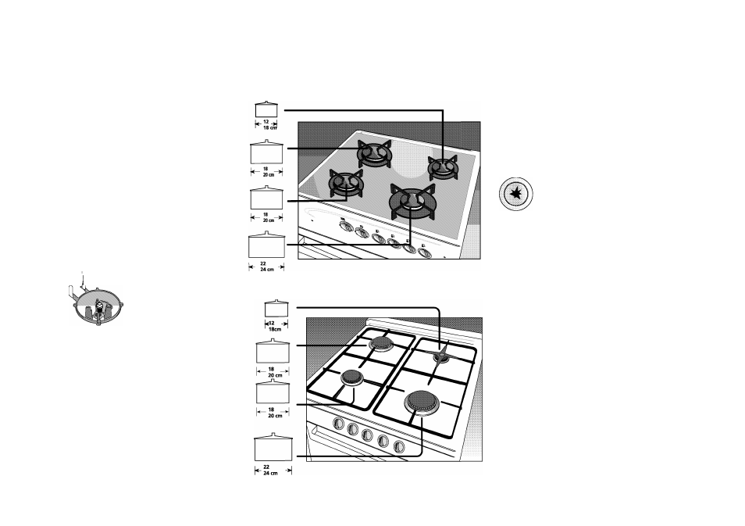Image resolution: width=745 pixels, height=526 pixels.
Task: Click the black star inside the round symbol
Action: (516, 194)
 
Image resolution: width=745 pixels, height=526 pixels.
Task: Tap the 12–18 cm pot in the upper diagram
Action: (266, 109)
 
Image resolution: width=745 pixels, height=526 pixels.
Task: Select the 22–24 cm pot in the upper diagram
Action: (266, 245)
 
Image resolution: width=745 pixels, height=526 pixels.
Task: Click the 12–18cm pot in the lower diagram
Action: (276, 308)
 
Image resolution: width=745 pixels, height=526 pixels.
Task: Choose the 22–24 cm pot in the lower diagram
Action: (273, 446)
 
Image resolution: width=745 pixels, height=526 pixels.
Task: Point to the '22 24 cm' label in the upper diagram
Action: (266, 267)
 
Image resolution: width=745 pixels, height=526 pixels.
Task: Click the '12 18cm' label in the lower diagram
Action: (274, 326)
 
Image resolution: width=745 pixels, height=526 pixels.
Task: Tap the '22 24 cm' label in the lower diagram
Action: (270, 471)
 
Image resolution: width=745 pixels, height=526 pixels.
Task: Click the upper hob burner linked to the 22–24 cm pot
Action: (411, 201)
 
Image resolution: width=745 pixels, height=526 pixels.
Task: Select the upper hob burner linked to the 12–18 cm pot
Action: (443, 167)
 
